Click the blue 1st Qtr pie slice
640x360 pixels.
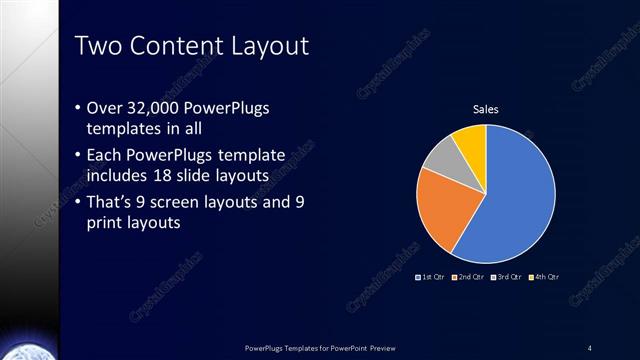(x=520, y=205)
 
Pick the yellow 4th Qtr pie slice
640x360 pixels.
(x=470, y=140)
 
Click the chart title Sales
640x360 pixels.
(x=485, y=109)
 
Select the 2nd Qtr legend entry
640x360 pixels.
(x=469, y=276)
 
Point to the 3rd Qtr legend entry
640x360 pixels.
(x=506, y=276)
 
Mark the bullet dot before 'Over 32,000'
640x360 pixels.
(x=79, y=107)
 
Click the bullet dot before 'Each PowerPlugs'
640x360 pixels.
(x=79, y=155)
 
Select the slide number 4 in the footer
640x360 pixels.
(x=589, y=347)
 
